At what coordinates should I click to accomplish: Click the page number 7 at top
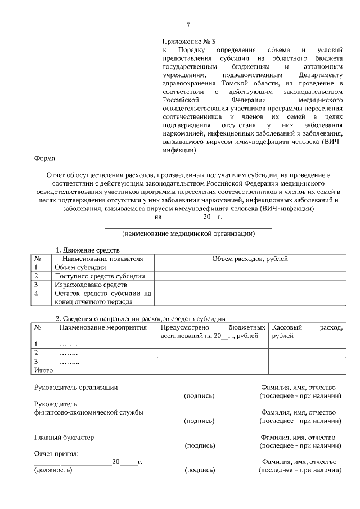click(188, 25)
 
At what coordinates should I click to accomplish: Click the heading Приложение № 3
click(188, 41)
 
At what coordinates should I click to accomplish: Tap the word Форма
click(44, 159)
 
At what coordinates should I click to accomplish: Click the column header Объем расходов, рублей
click(250, 258)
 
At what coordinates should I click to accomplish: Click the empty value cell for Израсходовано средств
click(250, 285)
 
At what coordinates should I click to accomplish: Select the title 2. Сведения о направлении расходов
click(141, 318)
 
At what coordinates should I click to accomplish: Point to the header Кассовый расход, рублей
click(306, 331)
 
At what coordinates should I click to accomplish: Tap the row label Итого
click(44, 371)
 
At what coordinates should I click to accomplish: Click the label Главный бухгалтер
click(64, 437)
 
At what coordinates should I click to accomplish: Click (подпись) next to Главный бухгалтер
click(200, 445)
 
